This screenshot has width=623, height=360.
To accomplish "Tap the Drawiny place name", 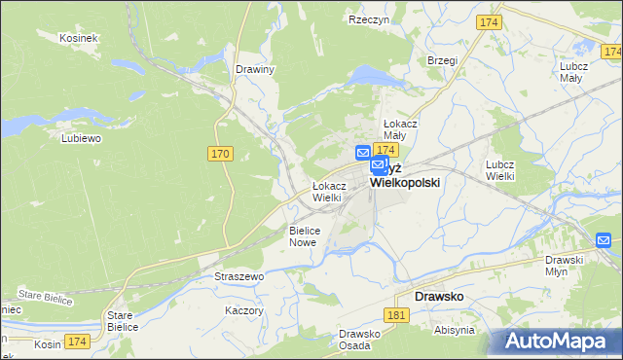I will (256, 69).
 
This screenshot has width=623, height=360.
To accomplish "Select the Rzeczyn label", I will (369, 18).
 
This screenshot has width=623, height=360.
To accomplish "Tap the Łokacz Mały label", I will (400, 130).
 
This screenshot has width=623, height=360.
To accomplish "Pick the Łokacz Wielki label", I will (327, 192).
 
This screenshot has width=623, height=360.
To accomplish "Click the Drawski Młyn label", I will (564, 266).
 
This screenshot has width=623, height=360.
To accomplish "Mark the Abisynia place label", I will (455, 330).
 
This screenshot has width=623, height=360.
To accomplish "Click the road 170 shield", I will (220, 154).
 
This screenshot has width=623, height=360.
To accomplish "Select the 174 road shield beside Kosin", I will (78, 342).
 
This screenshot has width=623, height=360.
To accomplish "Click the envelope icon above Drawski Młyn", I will (604, 239).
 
